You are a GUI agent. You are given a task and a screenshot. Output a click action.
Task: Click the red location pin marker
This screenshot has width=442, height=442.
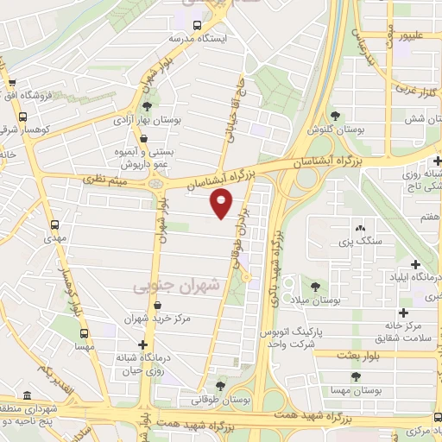222,204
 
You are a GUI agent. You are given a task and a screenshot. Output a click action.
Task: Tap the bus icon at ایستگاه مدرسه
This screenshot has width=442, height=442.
198,26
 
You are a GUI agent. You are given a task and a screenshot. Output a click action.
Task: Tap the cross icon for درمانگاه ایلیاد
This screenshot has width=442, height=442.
415,264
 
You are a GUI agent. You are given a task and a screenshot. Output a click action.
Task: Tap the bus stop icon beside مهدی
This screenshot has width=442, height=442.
54,224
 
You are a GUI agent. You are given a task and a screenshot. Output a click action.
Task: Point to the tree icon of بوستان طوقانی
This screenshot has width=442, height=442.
220,386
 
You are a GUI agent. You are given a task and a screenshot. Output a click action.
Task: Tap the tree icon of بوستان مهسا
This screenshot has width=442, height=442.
355,376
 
